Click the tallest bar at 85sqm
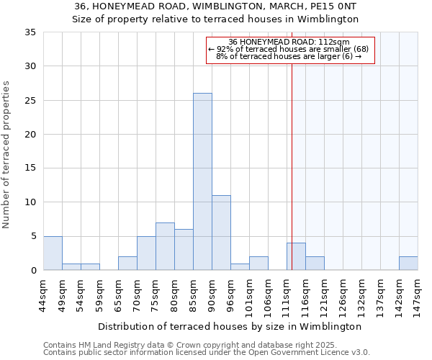point(202,181)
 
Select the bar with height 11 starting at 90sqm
point(221,233)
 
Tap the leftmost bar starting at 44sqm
point(53,253)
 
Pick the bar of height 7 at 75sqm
point(165,246)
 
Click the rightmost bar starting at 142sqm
point(408,264)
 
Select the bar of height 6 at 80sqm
point(184,250)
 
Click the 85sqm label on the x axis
point(194,293)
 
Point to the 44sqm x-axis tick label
point(44,293)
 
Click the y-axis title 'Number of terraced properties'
point(7,155)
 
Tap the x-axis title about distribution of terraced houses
point(229,326)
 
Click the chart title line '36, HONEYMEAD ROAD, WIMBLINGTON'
point(215,6)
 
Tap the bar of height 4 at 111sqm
point(296,256)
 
